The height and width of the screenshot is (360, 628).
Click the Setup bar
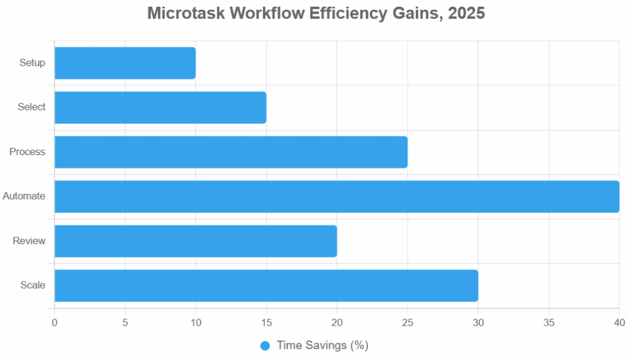(x=125, y=63)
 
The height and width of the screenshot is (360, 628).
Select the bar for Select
(x=160, y=107)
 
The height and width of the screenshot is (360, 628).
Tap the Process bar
(x=231, y=152)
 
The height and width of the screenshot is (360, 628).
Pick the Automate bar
(x=337, y=196)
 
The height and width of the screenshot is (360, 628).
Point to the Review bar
(x=196, y=241)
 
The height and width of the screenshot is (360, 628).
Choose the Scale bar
(x=266, y=286)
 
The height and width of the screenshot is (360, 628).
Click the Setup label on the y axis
(x=32, y=63)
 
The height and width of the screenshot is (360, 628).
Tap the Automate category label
(x=24, y=196)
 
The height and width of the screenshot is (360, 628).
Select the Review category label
(x=29, y=241)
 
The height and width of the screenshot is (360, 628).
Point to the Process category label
(x=28, y=151)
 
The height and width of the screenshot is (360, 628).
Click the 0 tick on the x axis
(x=55, y=322)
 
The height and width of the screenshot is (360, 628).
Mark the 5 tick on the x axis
(x=125, y=322)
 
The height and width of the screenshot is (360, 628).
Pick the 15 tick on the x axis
(x=266, y=322)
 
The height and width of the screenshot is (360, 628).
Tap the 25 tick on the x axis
(x=407, y=322)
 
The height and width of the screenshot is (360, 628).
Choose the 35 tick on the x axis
(x=549, y=322)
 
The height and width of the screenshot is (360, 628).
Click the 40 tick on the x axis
(x=619, y=322)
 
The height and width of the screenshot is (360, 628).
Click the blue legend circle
(x=265, y=345)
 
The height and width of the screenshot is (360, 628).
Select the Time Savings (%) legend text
(x=322, y=345)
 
